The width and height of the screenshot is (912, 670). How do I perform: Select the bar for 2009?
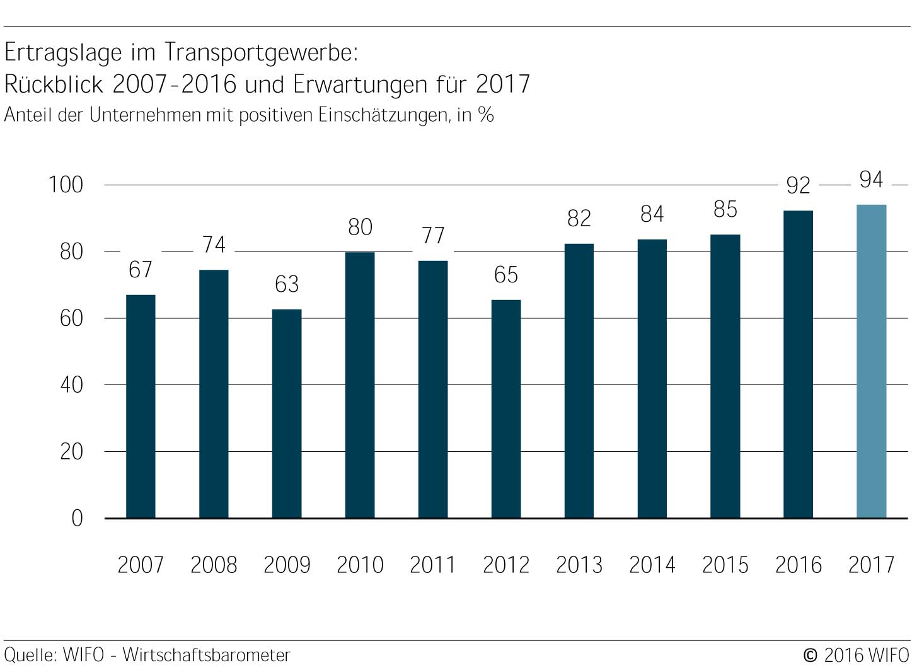(287, 413)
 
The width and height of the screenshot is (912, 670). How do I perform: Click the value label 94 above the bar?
(871, 180)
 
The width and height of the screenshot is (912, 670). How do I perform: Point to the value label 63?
(287, 284)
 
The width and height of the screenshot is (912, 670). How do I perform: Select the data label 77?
(433, 236)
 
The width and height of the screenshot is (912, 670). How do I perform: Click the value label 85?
(725, 209)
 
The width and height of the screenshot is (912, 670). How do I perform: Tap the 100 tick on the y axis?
(66, 185)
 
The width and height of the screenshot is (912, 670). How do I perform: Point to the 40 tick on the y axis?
(71, 384)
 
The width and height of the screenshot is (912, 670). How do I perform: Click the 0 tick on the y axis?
(77, 518)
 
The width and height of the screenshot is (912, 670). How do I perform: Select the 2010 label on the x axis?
(360, 565)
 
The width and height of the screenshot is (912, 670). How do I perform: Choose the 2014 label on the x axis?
(652, 565)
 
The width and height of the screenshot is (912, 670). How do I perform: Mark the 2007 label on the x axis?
(141, 565)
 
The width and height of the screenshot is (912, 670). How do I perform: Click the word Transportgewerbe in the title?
(260, 52)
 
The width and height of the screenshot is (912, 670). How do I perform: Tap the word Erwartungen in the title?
(360, 84)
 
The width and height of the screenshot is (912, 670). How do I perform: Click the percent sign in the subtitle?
(485, 115)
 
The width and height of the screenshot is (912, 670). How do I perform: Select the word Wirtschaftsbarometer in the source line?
(206, 655)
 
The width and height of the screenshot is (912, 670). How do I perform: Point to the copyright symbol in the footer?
(811, 656)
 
